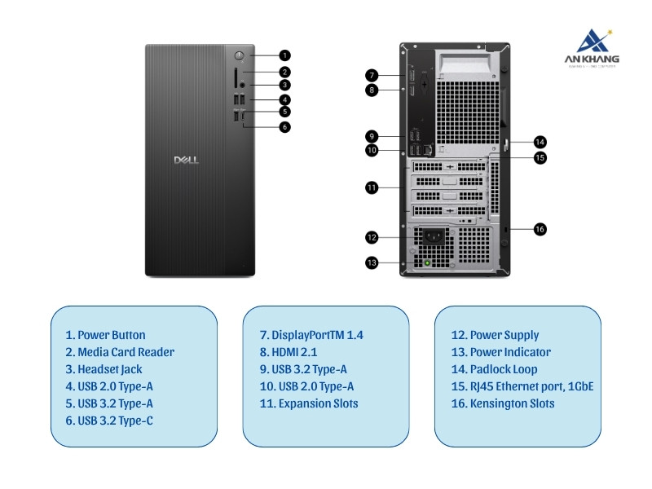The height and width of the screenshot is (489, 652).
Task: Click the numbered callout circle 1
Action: pos(284,55)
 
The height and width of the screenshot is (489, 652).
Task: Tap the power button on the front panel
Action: pos(240,55)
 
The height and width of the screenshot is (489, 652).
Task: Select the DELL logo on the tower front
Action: pos(187,161)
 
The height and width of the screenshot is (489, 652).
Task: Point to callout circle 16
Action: pos(540,229)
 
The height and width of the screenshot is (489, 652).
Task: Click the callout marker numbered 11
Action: pos(372,187)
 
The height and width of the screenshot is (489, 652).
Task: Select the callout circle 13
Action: pos(372,262)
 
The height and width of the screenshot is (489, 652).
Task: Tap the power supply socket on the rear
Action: pos(433,238)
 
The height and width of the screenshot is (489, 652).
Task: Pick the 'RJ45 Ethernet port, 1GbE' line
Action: pos(522,386)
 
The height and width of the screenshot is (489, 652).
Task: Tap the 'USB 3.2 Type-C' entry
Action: pos(109,421)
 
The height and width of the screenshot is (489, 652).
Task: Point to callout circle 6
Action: pos(284,126)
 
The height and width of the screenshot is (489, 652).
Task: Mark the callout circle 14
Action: pos(540,141)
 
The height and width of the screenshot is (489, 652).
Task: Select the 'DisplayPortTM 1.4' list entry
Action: pos(311,335)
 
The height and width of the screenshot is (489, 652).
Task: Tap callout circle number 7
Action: pos(372,75)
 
